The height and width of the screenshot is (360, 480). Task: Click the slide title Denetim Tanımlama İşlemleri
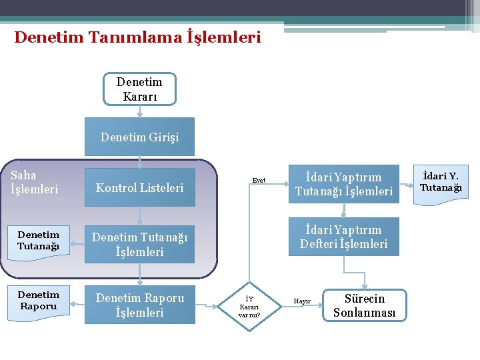[137, 37]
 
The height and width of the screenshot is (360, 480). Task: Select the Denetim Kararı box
[139, 89]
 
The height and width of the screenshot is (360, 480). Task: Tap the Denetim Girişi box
[139, 137]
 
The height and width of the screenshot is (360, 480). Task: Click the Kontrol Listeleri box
[139, 187]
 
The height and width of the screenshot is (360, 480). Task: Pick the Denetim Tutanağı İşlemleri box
[139, 244]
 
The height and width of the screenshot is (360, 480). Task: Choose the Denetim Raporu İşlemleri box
[139, 305]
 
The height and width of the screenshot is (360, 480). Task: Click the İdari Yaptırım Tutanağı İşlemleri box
[343, 185]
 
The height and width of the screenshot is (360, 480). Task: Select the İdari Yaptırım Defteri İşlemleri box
[343, 237]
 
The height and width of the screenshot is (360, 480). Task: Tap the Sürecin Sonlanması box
[364, 306]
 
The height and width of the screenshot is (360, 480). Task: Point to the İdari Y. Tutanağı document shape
[441, 183]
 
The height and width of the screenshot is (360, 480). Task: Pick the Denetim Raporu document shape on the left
[38, 301]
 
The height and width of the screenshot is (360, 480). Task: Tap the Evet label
[259, 180]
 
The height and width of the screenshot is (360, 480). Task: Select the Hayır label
[303, 301]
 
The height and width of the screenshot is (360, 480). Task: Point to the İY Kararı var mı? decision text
[249, 306]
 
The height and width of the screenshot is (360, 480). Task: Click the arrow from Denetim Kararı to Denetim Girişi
[139, 111]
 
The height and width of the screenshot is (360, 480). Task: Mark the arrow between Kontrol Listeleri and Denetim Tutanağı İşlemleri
[139, 215]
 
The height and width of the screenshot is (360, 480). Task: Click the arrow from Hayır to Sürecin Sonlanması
[320, 301]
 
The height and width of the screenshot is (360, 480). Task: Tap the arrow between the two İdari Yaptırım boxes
[343, 211]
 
